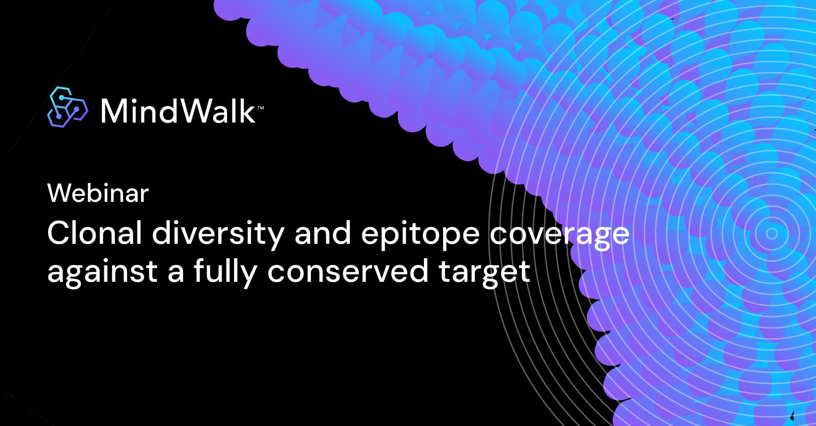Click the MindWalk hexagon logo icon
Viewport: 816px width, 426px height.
tap(67, 107)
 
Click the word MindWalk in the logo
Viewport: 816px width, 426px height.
tap(178, 111)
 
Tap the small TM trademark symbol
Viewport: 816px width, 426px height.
tap(260, 107)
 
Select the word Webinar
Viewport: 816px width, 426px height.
tap(98, 193)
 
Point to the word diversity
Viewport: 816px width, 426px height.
tap(218, 234)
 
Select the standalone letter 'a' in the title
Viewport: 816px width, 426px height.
tap(176, 273)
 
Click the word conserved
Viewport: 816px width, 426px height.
tap(348, 271)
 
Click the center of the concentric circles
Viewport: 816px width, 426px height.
tap(772, 233)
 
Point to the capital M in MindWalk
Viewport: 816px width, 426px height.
tap(115, 111)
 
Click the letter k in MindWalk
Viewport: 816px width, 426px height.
tap(247, 111)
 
